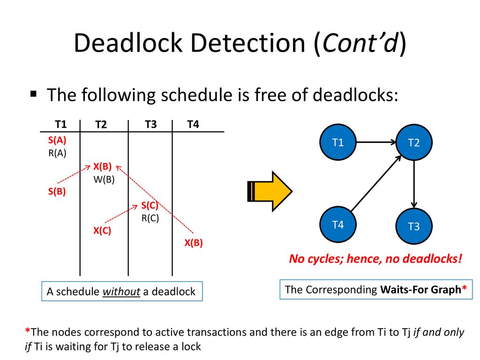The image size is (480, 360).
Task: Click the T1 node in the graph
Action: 338,142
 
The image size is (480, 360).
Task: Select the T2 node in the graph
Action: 414,142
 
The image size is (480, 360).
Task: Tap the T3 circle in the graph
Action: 414,226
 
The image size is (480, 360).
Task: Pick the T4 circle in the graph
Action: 338,225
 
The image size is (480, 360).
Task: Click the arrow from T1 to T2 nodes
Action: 376,142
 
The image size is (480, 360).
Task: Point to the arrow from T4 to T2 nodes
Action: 376,183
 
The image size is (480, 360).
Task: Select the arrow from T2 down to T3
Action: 414,184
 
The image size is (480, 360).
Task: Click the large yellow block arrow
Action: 270,191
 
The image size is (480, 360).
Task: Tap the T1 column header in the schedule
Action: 60,124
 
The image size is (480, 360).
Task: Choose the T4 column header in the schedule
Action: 193,124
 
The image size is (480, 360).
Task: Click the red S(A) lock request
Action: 57,140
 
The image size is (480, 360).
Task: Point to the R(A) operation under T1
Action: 57,153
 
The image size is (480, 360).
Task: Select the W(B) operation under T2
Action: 104,179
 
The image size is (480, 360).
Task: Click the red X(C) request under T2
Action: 102,230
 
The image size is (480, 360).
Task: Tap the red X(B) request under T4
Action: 194,243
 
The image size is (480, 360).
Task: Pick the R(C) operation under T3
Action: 150,218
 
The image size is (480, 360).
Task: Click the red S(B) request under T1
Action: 57,191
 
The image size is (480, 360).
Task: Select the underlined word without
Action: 121,292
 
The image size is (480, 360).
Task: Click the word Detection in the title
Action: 248,43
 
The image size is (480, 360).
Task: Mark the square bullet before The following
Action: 33,94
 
